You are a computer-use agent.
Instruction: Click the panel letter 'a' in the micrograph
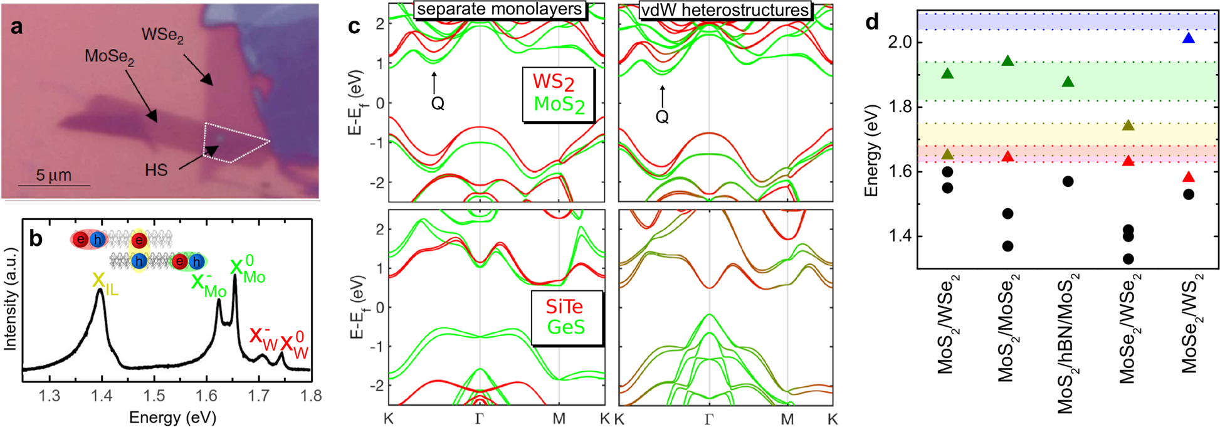[x=16, y=27]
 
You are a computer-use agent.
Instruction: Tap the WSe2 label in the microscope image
[x=162, y=35]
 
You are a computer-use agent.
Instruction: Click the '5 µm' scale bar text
[x=53, y=175]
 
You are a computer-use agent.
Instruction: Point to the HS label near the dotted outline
[x=155, y=170]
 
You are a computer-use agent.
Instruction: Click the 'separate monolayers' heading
[x=500, y=10]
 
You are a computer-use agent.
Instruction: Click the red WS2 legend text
[x=554, y=82]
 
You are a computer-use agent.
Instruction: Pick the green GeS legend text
[x=566, y=327]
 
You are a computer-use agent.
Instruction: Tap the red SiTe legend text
[x=564, y=307]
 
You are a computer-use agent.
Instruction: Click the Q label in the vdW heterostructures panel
[x=662, y=117]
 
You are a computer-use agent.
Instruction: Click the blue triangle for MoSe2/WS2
[x=1188, y=39]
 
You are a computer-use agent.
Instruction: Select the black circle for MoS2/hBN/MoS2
[x=1068, y=181]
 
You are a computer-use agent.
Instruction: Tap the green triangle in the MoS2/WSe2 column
[x=947, y=74]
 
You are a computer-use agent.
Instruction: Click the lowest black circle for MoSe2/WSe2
[x=1128, y=258]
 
